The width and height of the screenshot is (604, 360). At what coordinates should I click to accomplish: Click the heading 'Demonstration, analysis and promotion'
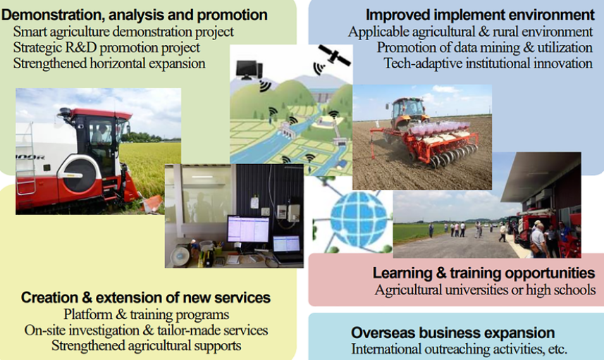[134, 15]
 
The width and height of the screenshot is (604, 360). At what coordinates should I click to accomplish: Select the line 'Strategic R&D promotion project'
[106, 47]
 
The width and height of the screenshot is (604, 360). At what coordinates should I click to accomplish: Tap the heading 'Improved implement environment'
[480, 15]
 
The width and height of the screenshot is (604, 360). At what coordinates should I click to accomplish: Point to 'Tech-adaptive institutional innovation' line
[488, 63]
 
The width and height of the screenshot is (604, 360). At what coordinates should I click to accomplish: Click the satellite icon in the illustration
[334, 56]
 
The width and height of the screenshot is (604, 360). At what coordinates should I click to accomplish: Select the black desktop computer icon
[249, 70]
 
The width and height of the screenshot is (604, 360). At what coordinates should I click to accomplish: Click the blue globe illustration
[358, 220]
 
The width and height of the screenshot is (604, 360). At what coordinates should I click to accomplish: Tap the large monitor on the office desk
[248, 230]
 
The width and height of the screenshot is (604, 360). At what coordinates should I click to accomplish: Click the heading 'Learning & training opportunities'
[483, 273]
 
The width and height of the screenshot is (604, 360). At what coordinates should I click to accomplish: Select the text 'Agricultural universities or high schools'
[485, 290]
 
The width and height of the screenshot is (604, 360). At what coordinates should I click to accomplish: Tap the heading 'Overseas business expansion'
[452, 333]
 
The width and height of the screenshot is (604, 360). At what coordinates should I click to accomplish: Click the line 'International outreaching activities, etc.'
[459, 349]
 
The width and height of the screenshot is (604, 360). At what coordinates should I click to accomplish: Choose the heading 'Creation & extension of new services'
[146, 297]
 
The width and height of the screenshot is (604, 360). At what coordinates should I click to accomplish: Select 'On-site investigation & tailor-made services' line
[146, 330]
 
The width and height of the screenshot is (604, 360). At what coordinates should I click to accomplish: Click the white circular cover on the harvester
[81, 175]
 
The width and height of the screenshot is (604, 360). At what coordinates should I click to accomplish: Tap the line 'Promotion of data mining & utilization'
[484, 47]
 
